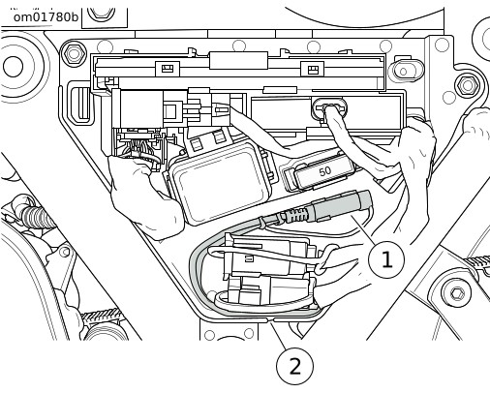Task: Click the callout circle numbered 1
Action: coord(386,258)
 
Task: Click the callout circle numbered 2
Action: coord(294,366)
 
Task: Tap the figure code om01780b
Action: coord(46,16)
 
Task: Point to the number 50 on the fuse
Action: coord(324,171)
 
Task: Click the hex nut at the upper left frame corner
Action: coord(74,53)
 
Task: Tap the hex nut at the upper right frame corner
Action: coord(467,85)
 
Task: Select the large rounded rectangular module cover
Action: coord(221,182)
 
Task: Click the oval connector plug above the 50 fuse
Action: coord(328,108)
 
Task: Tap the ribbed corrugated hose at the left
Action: coord(36,215)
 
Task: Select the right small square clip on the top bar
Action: coord(312,69)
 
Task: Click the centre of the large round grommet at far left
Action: coord(14,66)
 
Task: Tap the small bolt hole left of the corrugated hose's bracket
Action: coord(66,252)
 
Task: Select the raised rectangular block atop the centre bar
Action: coord(239,60)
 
